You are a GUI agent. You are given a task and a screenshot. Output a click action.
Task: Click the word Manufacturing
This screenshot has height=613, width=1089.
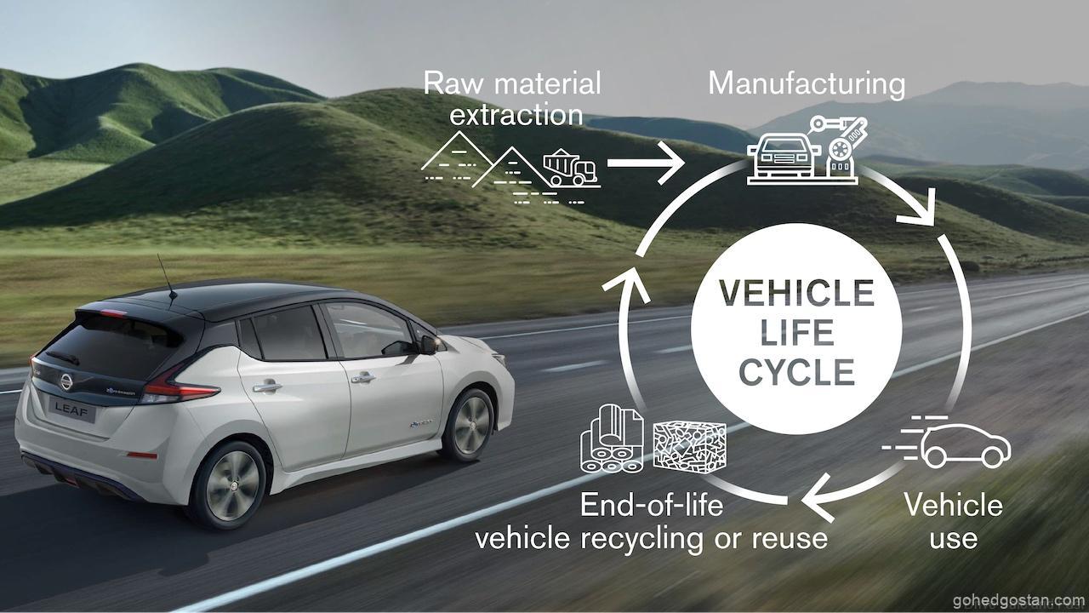[807, 83]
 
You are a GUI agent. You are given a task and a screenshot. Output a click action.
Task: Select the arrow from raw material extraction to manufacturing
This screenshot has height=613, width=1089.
[646, 160]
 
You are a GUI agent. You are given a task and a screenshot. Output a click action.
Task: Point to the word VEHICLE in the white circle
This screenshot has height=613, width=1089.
[784, 294]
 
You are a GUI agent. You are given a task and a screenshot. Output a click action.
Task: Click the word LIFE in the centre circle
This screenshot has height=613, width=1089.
[784, 334]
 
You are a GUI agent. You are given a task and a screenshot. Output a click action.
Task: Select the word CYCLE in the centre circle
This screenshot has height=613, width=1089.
[784, 373]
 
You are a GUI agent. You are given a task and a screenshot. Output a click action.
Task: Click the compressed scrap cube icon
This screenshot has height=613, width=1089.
[689, 444]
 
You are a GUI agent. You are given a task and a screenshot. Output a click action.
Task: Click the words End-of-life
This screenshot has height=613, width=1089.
[652, 505]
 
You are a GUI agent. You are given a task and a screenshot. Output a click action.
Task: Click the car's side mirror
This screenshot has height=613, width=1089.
[428, 344]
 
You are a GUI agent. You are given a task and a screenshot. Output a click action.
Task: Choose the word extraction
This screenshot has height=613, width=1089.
[516, 114]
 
